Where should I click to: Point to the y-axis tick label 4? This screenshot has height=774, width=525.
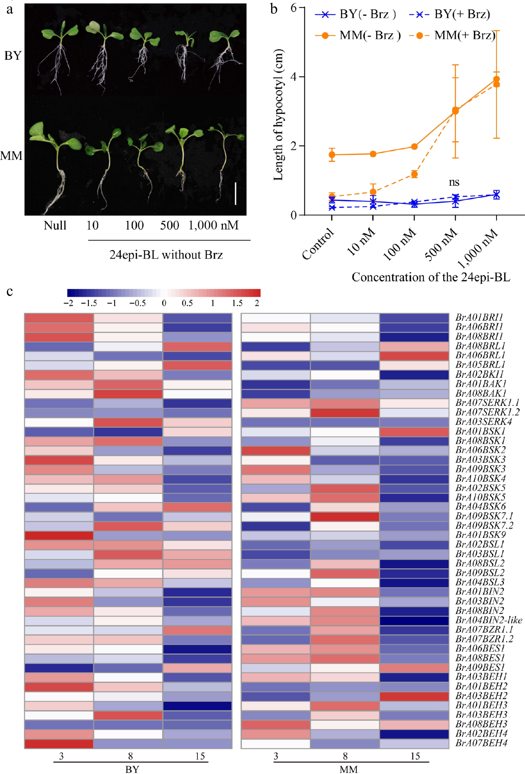click(293, 77)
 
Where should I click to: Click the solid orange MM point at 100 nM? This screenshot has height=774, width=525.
click(414, 147)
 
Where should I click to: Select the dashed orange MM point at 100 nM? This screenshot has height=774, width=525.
click(414, 174)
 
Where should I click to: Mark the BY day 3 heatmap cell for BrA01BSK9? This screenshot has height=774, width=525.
click(59, 536)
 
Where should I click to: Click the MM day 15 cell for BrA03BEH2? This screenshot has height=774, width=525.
click(414, 696)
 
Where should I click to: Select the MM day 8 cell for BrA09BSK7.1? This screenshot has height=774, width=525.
click(345, 517)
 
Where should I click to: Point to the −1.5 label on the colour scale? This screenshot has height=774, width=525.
click(89, 303)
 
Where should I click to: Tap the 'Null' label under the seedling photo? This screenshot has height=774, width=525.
click(55, 226)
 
